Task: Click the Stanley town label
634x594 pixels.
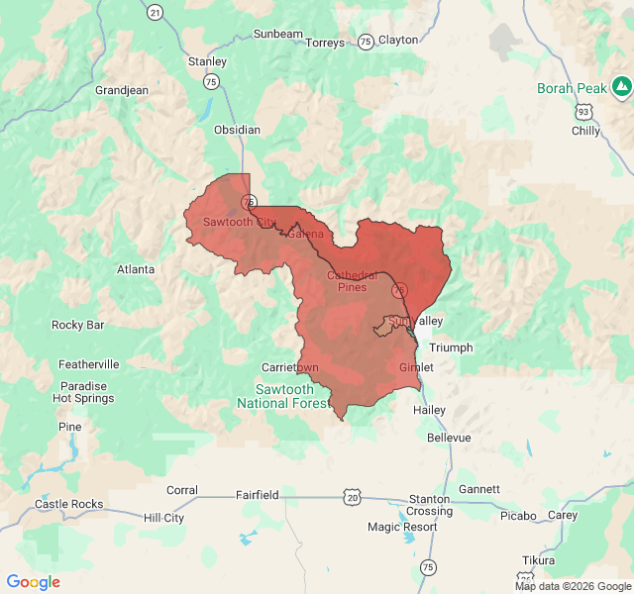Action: (x=207, y=61)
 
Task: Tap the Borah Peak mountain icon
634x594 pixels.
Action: (x=621, y=88)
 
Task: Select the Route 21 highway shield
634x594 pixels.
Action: (x=155, y=12)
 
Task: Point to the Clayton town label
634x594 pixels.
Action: (x=398, y=40)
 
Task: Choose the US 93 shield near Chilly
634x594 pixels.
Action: (x=587, y=112)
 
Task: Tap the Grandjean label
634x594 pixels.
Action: (x=122, y=90)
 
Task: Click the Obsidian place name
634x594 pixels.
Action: (x=237, y=130)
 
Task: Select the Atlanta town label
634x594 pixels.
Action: (x=136, y=269)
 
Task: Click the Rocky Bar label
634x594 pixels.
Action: (x=78, y=325)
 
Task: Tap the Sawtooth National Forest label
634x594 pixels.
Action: (x=282, y=396)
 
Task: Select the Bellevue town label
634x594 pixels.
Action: (x=449, y=437)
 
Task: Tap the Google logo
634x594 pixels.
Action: (x=34, y=582)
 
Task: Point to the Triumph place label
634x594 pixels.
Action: (x=451, y=347)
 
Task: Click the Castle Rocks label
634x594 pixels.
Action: (x=68, y=504)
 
